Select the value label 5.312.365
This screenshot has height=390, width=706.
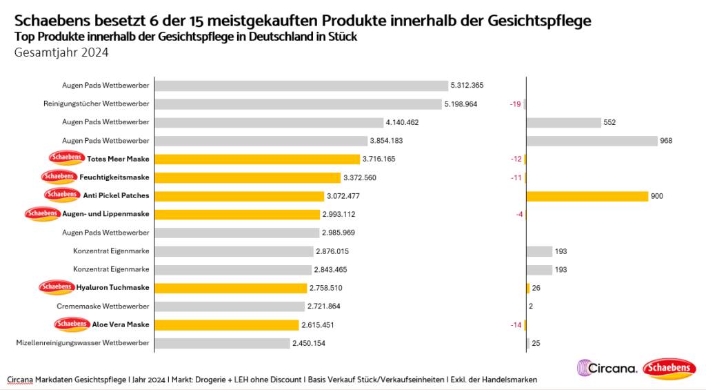point(467,86)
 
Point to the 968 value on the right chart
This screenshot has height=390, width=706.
point(665,141)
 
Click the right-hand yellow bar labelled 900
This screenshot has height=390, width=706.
point(587,196)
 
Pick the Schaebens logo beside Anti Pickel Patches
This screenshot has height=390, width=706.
point(62,195)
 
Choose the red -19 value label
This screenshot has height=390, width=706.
point(514,104)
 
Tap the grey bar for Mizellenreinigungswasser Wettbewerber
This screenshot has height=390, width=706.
point(222,342)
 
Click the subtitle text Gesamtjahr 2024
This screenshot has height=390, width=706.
point(61,52)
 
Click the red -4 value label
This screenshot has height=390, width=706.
point(519,214)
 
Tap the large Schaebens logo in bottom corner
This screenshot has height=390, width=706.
point(668,369)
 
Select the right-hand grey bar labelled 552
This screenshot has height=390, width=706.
point(563,122)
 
